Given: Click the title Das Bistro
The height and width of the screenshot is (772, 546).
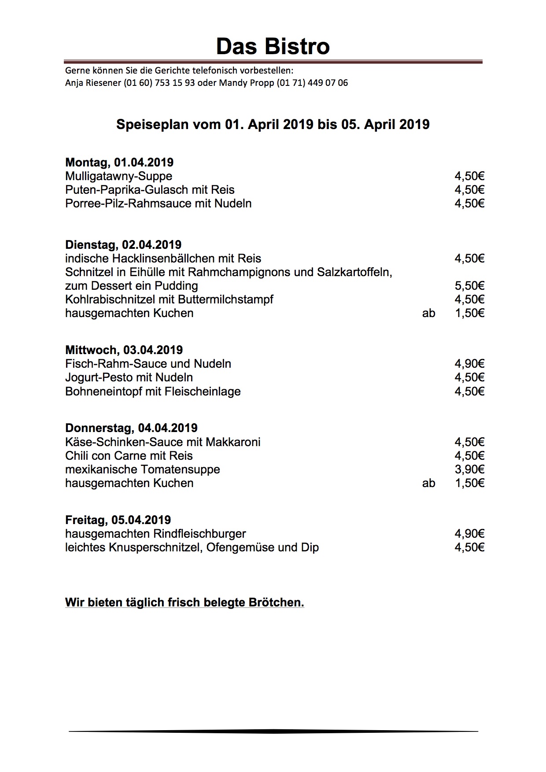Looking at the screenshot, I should [x=273, y=46].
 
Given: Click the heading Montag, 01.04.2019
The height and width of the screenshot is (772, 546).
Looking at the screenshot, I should [x=119, y=163].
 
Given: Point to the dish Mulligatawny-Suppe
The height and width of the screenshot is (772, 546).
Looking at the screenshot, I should [x=118, y=176].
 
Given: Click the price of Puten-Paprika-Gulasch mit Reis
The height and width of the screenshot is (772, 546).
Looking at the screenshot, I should [x=469, y=190].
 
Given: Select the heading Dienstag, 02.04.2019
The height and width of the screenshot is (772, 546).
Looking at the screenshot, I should [x=123, y=245].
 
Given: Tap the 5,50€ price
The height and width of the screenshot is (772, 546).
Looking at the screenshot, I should [x=469, y=286].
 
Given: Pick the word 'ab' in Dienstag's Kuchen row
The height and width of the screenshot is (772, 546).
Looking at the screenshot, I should [x=428, y=313].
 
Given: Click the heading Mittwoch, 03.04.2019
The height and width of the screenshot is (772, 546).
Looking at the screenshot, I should [x=124, y=350].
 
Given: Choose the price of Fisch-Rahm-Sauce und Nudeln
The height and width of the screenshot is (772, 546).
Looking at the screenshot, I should [x=469, y=364].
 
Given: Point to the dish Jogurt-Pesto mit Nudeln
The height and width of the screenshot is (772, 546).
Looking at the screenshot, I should [x=129, y=377].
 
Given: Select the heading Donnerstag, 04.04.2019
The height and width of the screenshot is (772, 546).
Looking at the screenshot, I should [x=131, y=428].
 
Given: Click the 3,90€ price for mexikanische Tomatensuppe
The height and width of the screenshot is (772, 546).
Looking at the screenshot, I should [x=469, y=469].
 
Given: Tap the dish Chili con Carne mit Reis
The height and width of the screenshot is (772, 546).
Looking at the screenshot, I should [x=129, y=456].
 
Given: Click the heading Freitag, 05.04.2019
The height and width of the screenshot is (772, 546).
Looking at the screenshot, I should [x=118, y=520].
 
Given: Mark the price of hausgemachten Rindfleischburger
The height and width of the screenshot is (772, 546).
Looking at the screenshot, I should [x=469, y=534].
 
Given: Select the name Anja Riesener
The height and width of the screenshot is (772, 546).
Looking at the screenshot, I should [x=93, y=83].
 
